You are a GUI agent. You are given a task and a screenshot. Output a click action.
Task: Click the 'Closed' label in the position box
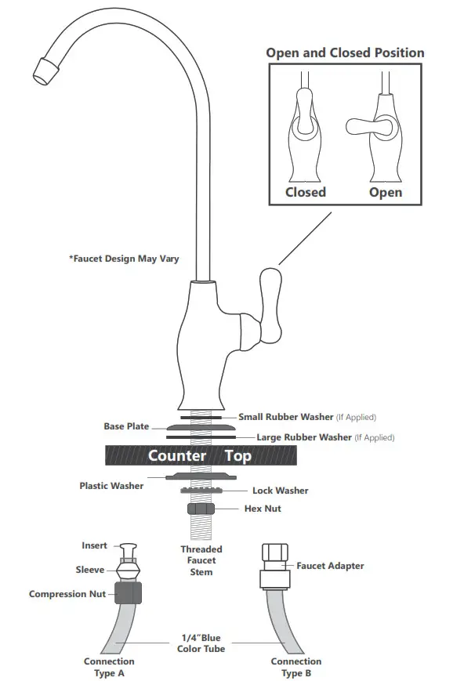pos(305,192)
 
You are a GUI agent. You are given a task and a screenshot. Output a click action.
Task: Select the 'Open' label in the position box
pos(386,192)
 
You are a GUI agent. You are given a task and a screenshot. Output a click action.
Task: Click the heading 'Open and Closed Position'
pos(345,53)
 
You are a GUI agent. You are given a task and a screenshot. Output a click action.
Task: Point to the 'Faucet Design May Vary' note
pos(124,258)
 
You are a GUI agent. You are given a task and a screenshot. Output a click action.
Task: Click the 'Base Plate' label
pos(126,426)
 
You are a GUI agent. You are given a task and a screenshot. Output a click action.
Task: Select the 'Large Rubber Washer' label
pos(304,437)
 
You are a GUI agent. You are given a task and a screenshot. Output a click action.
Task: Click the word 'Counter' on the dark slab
pos(177,455)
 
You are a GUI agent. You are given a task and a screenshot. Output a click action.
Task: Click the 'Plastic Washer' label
pos(111,486)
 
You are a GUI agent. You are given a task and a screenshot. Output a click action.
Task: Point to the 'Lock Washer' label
pos(280,491)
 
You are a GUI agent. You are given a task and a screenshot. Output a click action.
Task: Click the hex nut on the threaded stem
pos(202,509)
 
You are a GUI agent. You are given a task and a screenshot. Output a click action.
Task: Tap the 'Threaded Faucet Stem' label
pos(201,560)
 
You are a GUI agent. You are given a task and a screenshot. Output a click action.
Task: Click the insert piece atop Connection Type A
pos(127,549)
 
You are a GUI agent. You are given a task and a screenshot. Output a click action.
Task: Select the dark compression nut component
pos(128,593)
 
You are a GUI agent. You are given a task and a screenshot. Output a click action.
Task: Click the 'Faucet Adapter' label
pos(330,566)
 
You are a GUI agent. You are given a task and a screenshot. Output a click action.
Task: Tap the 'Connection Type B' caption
pos(296,667)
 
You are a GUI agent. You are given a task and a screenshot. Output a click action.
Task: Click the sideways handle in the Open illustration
pos(365,126)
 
